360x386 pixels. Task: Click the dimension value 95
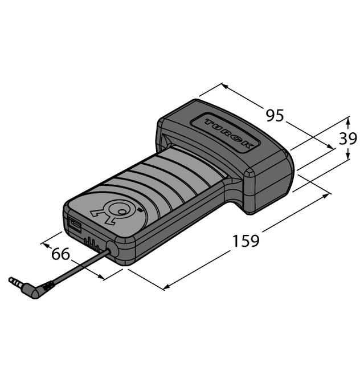[275, 116]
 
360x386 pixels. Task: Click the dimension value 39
[348, 139]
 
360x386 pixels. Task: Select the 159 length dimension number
[246, 241]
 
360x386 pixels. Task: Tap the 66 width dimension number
[60, 254]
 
